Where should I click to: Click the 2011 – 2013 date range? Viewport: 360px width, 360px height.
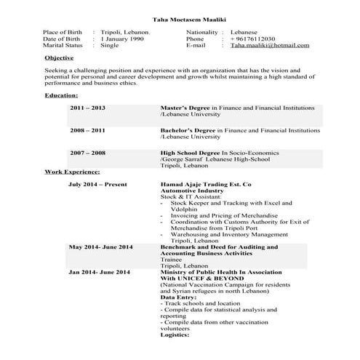tap(88, 108)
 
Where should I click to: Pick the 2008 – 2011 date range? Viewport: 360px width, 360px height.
tap(88, 130)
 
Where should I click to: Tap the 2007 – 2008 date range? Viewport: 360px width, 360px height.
tap(88, 153)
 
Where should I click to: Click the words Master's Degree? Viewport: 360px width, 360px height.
tap(188, 108)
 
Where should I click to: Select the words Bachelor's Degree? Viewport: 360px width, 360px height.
tap(191, 130)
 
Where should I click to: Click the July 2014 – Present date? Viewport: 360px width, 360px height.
tap(97, 185)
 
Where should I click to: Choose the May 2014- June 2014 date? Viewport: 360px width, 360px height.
tap(100, 247)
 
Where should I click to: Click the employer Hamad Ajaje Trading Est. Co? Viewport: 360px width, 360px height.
tap(206, 185)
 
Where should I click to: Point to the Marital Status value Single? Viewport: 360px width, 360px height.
tap(110, 45)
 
